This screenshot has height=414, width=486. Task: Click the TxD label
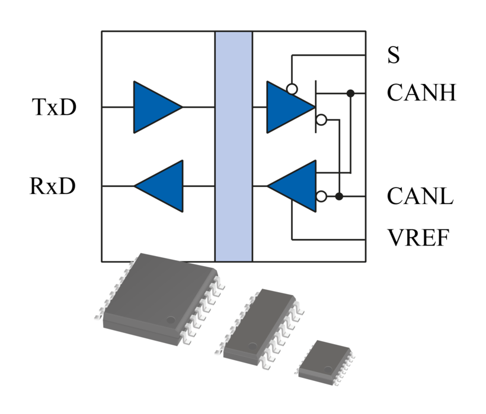54,108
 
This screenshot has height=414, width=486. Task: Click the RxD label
53,186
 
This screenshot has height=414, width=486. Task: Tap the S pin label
394,56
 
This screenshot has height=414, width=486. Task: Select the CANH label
421,93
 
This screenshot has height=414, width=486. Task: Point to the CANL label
420,196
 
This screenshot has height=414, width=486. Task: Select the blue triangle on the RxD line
161,186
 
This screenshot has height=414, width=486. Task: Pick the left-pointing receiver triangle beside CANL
294,186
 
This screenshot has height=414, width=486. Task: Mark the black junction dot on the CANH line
350,93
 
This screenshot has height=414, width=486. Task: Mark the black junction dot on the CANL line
339,196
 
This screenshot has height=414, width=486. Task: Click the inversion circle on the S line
292,89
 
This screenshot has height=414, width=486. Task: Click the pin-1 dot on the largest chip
171,320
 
